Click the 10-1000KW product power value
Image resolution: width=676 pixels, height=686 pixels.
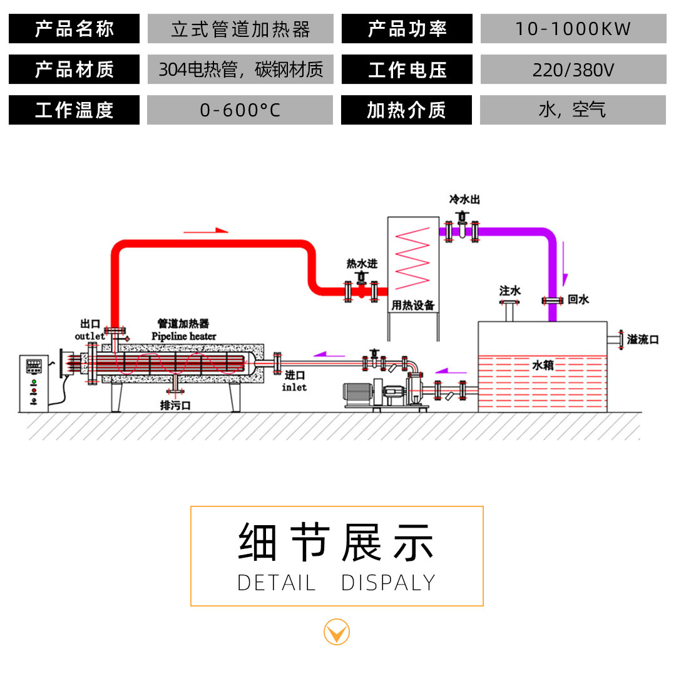pos(573,29)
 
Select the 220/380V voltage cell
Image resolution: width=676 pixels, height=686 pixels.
pos(573,69)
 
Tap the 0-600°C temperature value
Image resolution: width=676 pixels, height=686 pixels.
pos(240,110)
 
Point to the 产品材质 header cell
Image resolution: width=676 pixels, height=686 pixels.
pos(74,69)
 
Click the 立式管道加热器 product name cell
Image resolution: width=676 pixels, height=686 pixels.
pos(240,29)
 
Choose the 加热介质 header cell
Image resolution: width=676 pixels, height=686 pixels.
pos(406,110)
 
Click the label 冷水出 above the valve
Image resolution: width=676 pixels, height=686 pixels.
pos(464,200)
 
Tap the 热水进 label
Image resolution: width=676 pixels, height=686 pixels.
pos(362,264)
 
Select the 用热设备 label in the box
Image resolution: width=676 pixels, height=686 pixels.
pos(412,305)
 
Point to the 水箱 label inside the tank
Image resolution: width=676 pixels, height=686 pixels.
pos(542,364)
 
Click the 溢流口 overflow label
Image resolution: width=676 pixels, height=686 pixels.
pos(643,339)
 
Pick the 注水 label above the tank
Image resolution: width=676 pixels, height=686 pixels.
pos(510,291)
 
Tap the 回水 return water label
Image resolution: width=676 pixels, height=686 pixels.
pos(578,300)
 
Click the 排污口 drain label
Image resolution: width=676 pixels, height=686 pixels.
pos(175,406)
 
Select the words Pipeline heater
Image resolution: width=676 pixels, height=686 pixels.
pos(184,336)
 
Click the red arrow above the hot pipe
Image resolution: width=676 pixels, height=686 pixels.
pos(206,230)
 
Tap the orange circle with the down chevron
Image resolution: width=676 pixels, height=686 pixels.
pos(337,632)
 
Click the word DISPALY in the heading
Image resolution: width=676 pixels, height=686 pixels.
pos(388,583)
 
